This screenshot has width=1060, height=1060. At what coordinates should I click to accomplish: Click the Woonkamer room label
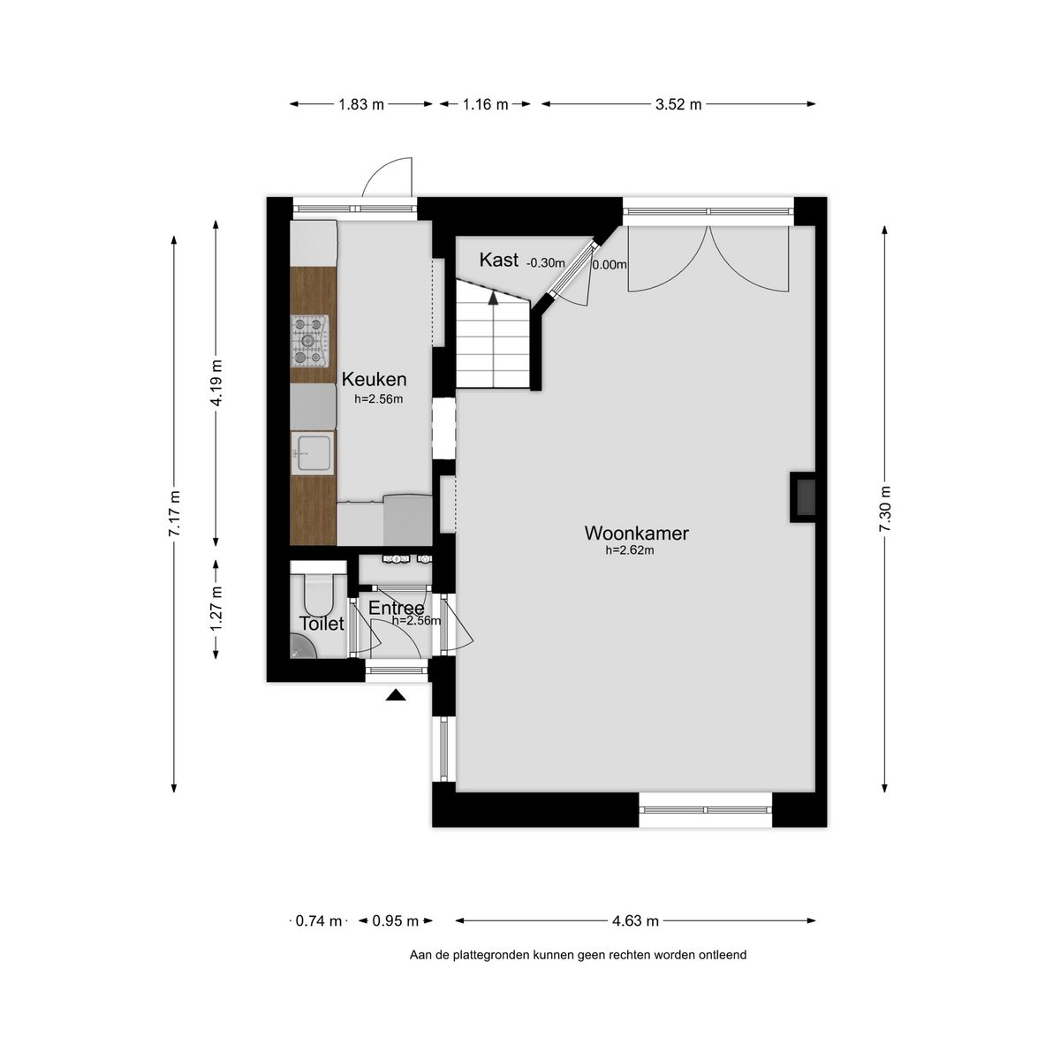pos(636,533)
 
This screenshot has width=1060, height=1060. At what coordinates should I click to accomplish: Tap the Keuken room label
pos(374,380)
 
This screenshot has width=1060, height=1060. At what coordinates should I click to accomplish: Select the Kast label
pos(498,260)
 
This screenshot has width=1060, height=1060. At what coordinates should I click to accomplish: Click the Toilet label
pos(322,624)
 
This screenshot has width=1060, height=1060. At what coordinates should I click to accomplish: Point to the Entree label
pos(396,608)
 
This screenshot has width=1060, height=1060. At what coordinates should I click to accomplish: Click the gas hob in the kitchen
pos(310,340)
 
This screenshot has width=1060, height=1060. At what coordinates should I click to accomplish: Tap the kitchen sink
pos(313,452)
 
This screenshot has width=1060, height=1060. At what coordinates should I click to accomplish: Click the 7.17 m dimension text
pos(175,513)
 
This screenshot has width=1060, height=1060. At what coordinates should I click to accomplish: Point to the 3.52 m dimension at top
pos(678,104)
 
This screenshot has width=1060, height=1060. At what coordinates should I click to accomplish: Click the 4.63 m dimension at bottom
pos(635,921)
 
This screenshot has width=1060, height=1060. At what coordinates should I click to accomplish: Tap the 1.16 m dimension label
pos(485,104)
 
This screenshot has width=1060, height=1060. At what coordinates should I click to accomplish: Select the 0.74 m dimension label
pos(318,921)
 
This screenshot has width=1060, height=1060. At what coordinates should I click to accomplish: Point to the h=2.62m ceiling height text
pos(629,550)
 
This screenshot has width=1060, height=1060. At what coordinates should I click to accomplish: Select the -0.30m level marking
pos(545,262)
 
